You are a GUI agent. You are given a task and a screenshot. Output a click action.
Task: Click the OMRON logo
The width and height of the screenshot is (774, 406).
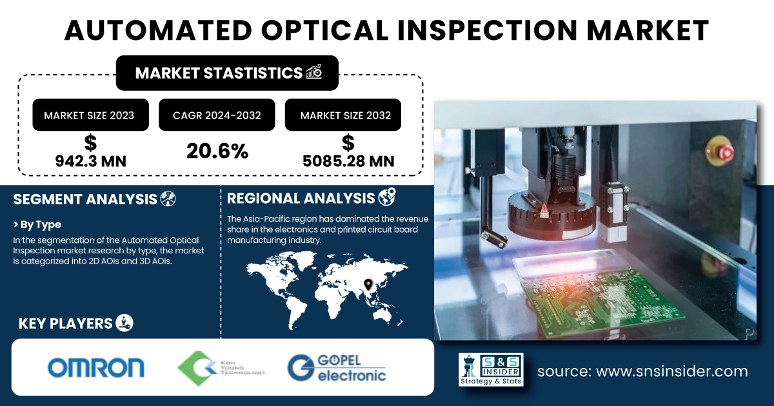coord(95,367)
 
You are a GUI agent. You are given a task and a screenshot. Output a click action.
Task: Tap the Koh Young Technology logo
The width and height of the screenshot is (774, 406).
coord(221,368)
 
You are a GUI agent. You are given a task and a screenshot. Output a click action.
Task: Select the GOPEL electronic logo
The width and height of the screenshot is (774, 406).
coord(337,368)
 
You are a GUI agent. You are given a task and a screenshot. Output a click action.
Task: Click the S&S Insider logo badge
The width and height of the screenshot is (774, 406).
coord(491,369)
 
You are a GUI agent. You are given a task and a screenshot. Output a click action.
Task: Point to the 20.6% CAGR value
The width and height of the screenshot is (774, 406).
coord(217,151)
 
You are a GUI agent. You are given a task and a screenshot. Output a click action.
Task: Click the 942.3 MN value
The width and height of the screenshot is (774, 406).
coord(90,161)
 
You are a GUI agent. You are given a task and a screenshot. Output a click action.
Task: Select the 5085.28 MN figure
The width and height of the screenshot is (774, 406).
coord(348,161)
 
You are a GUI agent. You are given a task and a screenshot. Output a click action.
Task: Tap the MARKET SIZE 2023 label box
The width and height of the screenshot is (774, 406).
coord(90,115)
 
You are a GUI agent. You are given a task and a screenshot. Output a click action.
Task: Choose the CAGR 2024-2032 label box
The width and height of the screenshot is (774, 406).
coord(217,115)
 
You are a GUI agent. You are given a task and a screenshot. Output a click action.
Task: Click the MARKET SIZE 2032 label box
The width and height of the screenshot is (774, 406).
coord(342,115)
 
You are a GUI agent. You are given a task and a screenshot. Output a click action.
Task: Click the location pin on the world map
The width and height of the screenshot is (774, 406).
coord(368,284)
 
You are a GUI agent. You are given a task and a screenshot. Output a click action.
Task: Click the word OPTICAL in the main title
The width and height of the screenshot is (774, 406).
coord(324,30)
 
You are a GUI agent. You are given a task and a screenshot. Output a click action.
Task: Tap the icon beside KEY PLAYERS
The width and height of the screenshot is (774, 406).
coord(124,323)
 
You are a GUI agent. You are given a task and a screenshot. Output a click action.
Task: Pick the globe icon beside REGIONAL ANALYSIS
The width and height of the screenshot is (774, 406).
coord(387,197)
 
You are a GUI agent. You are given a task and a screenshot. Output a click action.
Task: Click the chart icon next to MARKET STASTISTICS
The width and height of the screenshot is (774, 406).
coord(314,72)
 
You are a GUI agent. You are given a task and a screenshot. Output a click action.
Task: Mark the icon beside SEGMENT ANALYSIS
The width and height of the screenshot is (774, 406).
coord(168,198)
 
